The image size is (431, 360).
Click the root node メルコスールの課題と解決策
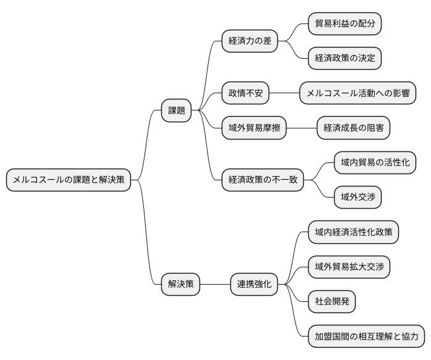click(69, 180)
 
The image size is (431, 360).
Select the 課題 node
click(177, 111)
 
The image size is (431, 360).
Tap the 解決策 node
click(180, 285)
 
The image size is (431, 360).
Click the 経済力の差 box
click(249, 41)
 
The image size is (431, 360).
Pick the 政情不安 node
click(246, 93)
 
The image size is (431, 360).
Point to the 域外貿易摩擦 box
click(254, 128)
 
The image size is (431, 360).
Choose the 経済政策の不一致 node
click(263, 180)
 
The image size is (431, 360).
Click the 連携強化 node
click(254, 285)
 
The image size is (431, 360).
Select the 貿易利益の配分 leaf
click(345, 24)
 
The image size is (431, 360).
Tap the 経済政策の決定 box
click(345, 59)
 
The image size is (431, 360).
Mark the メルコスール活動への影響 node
click(358, 93)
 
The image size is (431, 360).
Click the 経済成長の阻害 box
click(353, 128)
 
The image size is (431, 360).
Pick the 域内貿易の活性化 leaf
click(375, 162)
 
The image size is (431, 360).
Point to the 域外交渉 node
click(358, 198)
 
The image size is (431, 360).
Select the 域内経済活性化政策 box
click(353, 232)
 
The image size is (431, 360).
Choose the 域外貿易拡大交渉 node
click(349, 267)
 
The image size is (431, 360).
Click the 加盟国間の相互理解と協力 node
click(366, 337)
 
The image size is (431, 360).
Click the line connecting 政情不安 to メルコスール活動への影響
click(285, 93)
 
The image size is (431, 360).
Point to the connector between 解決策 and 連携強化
click(215, 285)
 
